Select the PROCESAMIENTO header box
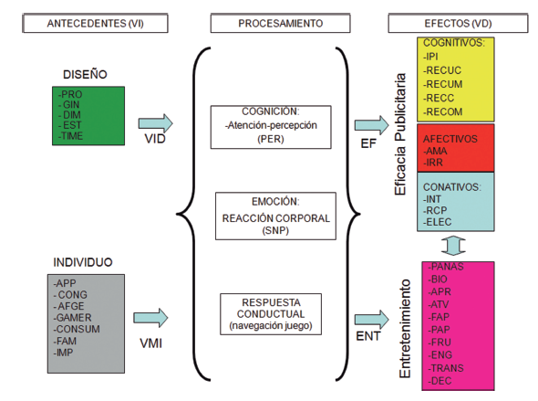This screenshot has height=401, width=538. click(269, 21)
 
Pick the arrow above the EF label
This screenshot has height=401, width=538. click(370, 123)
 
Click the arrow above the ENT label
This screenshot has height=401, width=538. click(370, 317)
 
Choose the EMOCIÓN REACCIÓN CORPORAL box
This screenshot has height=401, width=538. click(269, 218)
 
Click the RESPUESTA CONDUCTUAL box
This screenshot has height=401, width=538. click(269, 311)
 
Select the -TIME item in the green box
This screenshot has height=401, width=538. click(71, 135)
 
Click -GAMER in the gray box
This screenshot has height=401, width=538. click(76, 317)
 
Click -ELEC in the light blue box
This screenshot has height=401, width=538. click(438, 220)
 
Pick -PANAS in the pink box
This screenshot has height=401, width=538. click(443, 266)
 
